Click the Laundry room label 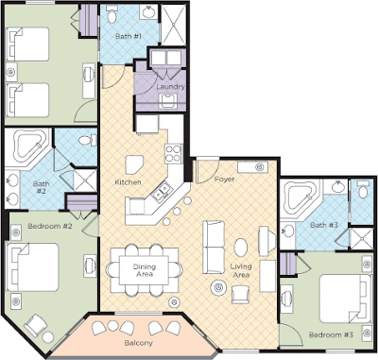[170, 87]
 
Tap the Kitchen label [128, 182]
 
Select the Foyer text [225, 180]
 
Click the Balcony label [139, 343]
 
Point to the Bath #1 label [129, 36]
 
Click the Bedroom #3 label [331, 334]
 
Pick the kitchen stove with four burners [174, 154]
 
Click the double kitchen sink [161, 192]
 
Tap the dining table [144, 271]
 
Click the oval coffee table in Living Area [241, 248]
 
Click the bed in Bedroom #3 [346, 299]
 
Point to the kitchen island [134, 165]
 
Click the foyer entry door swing [207, 172]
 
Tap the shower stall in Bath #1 [174, 25]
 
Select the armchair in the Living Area [240, 295]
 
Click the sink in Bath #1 [147, 12]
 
